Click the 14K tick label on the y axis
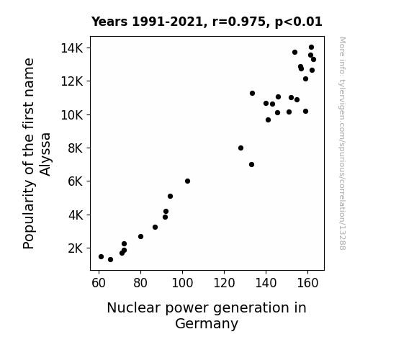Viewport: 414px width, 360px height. (x=72, y=48)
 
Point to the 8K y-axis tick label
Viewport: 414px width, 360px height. (x=76, y=148)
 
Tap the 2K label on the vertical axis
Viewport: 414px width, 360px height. (x=76, y=248)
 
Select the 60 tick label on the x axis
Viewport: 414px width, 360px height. (x=99, y=283)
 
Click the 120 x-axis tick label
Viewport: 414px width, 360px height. (x=224, y=283)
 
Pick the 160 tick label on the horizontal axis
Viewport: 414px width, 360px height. (x=307, y=283)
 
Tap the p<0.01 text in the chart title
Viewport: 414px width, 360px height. (x=299, y=22)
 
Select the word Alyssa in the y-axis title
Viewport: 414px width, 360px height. (x=45, y=154)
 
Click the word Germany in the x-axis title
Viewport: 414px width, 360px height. (x=207, y=324)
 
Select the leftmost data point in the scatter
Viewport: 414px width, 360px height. (x=101, y=257)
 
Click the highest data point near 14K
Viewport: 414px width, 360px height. (x=311, y=48)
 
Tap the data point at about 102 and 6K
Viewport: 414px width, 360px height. (x=187, y=181)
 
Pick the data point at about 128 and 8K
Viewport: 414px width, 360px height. (x=240, y=148)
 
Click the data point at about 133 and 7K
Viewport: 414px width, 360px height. (x=251, y=165)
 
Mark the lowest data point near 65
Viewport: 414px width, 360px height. (x=110, y=260)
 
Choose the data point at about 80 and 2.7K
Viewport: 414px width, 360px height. (x=140, y=236)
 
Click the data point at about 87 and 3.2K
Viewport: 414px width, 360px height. (x=156, y=227)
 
